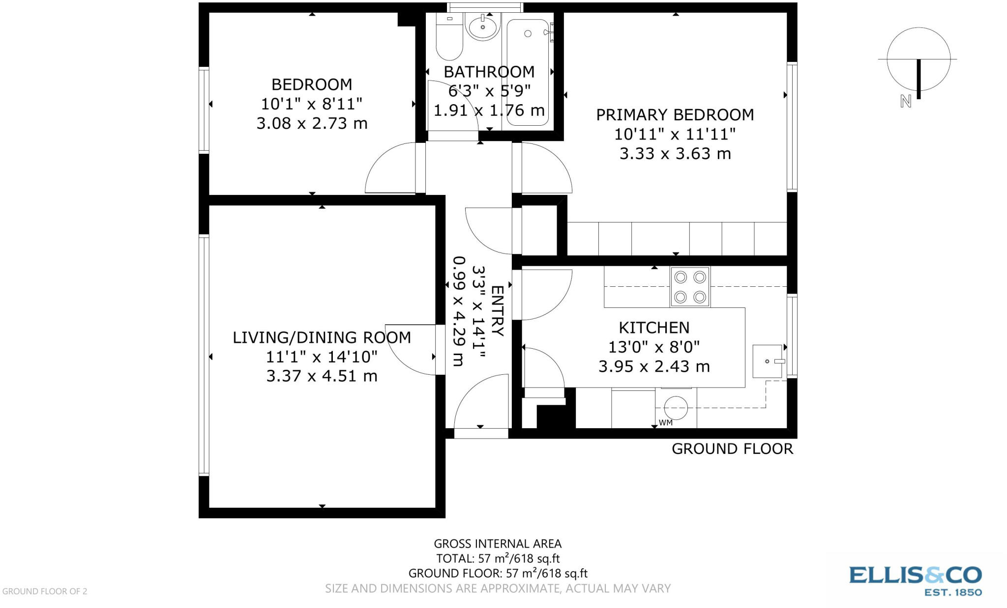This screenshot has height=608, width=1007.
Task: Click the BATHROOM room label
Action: coord(489,72)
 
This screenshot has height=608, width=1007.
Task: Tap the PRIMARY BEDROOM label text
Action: coord(675,115)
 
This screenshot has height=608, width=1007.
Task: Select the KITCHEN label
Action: coord(653,328)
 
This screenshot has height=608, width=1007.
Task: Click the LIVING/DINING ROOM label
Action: coord(322,337)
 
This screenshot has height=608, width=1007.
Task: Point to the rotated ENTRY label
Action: coord(497,311)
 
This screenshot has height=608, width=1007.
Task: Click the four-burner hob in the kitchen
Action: coord(690,287)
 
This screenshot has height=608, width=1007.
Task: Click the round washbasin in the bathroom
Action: coord(483,27)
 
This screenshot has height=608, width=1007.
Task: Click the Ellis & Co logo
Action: coord(915,580)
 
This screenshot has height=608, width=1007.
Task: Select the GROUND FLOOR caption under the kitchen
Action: coord(732,449)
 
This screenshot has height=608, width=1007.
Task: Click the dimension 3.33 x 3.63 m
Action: coord(675,154)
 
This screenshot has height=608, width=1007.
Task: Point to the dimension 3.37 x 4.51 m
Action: coord(322,376)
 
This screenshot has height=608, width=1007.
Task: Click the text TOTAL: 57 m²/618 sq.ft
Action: coord(498,558)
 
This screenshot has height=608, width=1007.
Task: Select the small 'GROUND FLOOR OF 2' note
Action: coord(45,591)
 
